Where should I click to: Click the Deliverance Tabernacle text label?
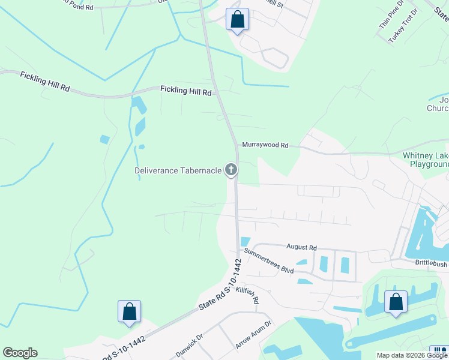pos(177,170)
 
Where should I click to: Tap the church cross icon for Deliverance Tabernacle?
pos(231,170)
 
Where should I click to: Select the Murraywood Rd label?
pos(265,145)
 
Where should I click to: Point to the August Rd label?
pos(301,247)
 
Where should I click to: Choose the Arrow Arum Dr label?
pos(253,335)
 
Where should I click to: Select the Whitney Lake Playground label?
pos(426,160)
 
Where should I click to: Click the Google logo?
pos(20,353)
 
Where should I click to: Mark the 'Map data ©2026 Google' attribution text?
pos(411,355)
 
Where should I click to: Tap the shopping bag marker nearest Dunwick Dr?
pos(129,311)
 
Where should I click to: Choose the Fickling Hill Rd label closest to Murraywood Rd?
pos(186,91)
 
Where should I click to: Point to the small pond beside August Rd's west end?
pos(245,242)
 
